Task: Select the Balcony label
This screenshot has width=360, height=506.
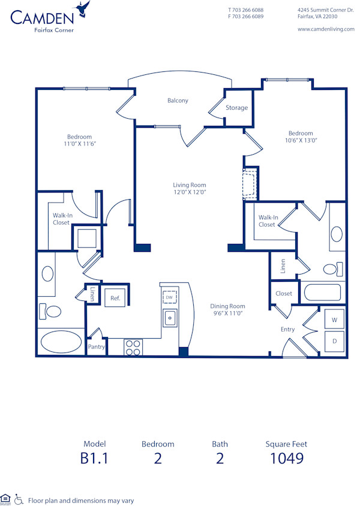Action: point(178,101)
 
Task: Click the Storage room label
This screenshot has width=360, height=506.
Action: point(236,108)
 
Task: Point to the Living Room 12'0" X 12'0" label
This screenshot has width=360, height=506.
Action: point(190,189)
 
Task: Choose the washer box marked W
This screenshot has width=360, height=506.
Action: point(334,320)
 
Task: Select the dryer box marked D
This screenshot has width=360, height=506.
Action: point(334,341)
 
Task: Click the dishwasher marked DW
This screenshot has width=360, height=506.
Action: point(170,297)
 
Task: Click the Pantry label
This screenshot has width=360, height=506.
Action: point(96,347)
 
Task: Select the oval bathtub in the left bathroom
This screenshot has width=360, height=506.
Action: point(61,342)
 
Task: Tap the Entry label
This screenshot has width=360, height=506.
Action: point(287,329)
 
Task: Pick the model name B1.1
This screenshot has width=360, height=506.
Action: point(94,459)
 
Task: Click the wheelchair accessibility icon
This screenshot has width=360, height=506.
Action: point(19,499)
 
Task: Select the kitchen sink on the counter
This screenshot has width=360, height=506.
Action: point(170,318)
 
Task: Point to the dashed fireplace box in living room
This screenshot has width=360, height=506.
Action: point(248,184)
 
